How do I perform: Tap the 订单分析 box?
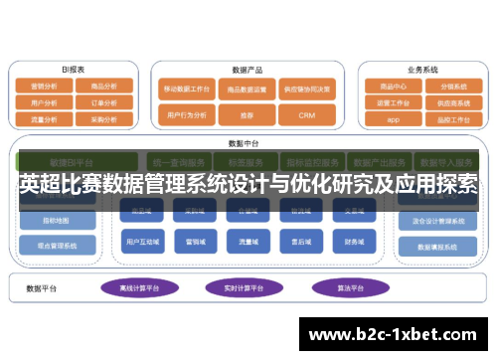pyautogui.click(x=103, y=101)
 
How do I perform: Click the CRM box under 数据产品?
pyautogui.click(x=306, y=115)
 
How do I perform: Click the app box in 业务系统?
pyautogui.click(x=392, y=119)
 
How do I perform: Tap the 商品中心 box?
pyautogui.click(x=392, y=86)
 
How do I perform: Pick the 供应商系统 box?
pyautogui.click(x=452, y=102)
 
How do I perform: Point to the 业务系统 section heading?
pyautogui.click(x=421, y=70)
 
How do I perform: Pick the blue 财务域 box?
pyautogui.click(x=355, y=240)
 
